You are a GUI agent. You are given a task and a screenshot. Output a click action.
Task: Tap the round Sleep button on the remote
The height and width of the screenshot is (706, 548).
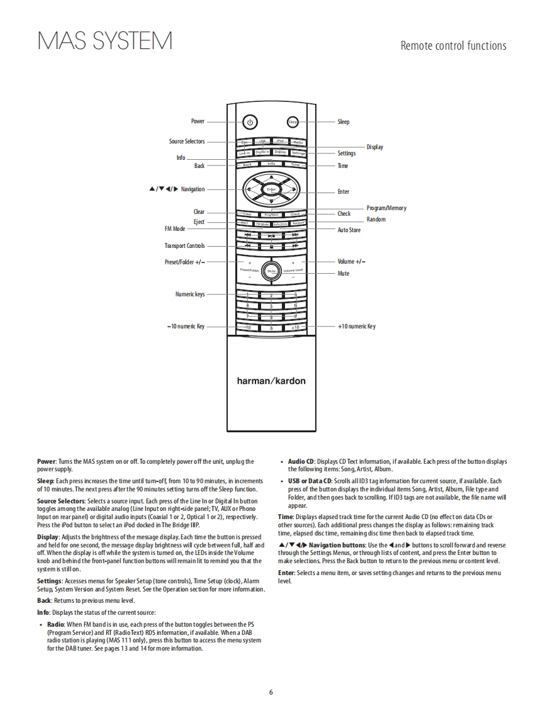(293, 122)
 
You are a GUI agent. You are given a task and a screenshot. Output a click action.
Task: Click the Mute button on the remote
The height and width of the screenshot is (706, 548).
(271, 271)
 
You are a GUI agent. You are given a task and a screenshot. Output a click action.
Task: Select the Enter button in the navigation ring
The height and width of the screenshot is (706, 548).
(271, 189)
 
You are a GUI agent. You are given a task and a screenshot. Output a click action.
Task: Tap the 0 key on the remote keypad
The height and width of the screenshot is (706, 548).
(271, 328)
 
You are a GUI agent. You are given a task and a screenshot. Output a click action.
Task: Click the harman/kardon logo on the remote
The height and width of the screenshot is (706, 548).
(271, 381)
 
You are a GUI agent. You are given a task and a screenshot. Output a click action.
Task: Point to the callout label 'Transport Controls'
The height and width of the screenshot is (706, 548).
(184, 246)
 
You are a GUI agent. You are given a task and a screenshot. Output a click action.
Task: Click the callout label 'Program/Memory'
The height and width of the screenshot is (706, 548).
(386, 208)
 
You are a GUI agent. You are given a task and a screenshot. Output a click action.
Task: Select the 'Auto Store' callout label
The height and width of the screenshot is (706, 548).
(349, 230)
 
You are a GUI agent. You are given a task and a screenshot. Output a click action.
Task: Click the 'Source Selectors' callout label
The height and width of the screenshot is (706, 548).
(187, 142)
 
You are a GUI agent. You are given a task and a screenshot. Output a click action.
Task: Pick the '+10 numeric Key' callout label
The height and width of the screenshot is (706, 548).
(357, 327)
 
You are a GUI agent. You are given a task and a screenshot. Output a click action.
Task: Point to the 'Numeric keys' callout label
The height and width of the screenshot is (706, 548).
(189, 294)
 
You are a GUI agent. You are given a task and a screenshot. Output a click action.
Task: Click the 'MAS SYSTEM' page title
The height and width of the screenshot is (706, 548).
(105, 42)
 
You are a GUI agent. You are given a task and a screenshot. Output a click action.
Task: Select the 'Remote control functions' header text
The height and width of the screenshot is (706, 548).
(453, 45)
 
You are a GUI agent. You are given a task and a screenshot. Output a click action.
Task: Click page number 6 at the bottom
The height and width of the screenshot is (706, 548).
(271, 693)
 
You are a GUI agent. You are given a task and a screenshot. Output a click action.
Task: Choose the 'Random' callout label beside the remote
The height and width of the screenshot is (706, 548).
(376, 220)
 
